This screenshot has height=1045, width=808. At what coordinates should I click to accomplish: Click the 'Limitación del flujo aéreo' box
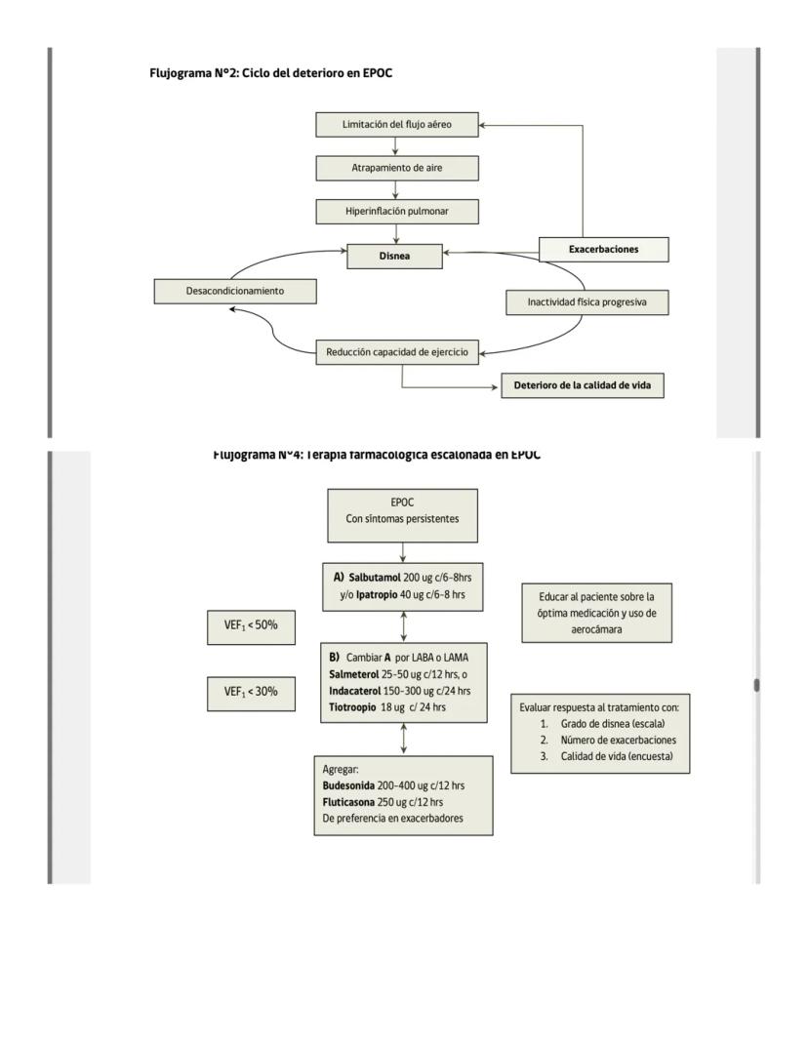(x=397, y=125)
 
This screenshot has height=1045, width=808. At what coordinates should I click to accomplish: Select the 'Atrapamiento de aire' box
(x=397, y=169)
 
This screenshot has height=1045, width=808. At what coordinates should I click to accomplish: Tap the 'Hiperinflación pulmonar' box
(x=397, y=211)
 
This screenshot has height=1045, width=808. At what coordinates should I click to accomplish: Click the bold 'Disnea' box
(x=394, y=257)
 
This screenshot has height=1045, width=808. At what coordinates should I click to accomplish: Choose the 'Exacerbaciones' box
(x=604, y=250)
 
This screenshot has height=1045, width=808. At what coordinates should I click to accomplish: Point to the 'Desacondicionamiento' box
(x=235, y=291)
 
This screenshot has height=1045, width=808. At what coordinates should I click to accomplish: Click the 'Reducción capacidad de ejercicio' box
(x=397, y=352)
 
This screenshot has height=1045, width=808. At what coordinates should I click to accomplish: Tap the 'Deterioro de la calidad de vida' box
(x=582, y=386)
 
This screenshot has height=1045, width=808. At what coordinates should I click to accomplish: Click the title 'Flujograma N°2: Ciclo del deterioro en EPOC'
(x=271, y=73)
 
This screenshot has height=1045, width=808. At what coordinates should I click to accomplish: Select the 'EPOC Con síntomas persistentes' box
(x=402, y=512)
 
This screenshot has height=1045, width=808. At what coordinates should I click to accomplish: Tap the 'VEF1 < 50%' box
(x=252, y=626)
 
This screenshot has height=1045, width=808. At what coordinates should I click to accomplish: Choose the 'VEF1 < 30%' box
(x=252, y=692)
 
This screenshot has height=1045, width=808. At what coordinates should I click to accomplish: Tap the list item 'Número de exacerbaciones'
(x=619, y=741)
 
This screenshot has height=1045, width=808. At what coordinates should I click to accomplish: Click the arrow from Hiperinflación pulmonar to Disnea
(x=396, y=233)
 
